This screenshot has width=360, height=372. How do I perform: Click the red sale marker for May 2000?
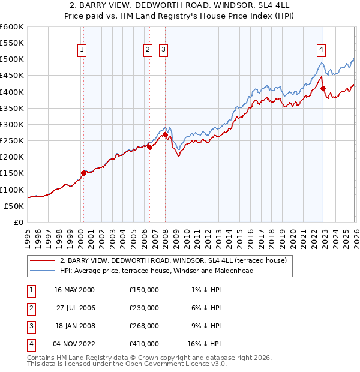(83, 173)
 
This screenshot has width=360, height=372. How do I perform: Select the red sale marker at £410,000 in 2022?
(323, 89)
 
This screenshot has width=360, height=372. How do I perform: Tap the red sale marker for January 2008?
(165, 135)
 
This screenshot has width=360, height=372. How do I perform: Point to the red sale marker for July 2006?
(149, 147)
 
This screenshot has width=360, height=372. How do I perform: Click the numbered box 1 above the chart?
(82, 50)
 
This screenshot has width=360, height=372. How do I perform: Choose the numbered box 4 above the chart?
(322, 50)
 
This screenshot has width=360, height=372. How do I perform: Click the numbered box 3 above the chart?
(163, 50)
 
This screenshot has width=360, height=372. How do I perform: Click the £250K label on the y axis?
(12, 141)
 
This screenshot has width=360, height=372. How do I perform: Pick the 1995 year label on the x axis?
(28, 238)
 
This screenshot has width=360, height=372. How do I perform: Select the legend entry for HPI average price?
(157, 271)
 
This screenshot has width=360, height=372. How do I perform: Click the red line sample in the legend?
(42, 260)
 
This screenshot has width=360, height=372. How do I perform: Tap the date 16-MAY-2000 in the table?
(74, 290)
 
